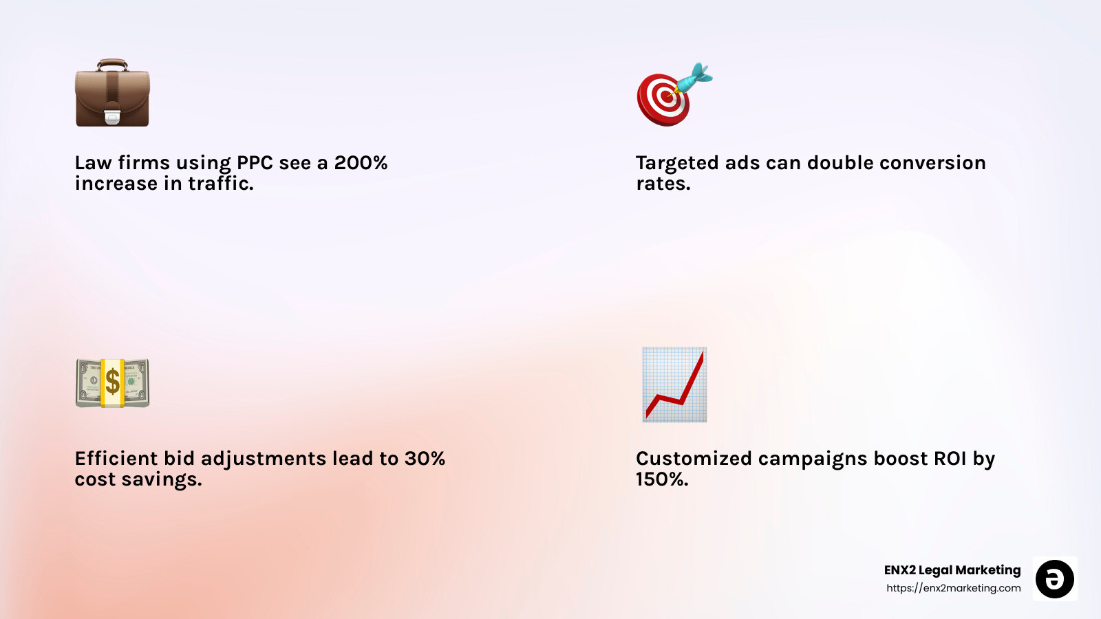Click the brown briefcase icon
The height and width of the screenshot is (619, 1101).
tap(112, 93)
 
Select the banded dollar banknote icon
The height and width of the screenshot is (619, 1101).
tap(112, 382)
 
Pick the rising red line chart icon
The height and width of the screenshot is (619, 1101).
tap(674, 384)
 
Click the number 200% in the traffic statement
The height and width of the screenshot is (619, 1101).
tap(361, 163)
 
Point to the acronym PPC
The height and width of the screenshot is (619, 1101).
tap(255, 163)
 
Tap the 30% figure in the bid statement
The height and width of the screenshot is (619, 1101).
tap(425, 459)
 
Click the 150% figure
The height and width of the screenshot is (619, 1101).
tap(662, 479)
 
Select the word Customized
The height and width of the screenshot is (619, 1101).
tap(694, 459)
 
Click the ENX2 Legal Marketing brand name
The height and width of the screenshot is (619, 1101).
tap(952, 570)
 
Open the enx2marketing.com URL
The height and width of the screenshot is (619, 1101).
tap(953, 588)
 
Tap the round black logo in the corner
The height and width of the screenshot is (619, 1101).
tap(1055, 579)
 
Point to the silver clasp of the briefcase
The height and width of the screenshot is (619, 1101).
tap(112, 117)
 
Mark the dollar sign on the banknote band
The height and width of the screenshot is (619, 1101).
tap(112, 382)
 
